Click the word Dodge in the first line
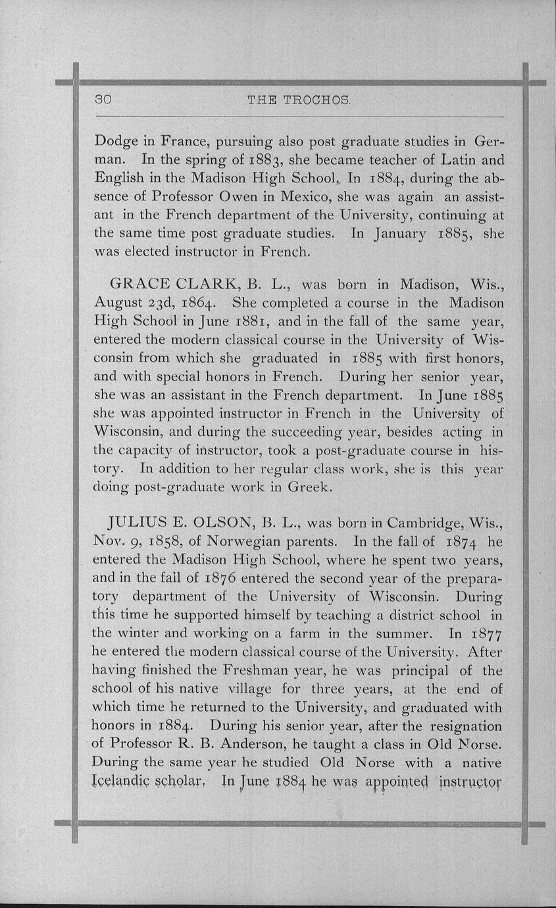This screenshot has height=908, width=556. pyautogui.click(x=116, y=142)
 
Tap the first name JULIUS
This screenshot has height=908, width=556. pyautogui.click(x=140, y=524)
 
